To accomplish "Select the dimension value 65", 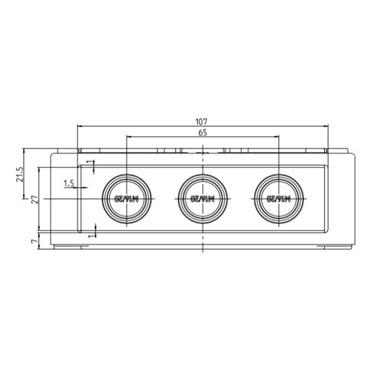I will [203, 132].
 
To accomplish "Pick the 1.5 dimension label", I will [69, 184].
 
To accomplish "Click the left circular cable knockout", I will [126, 198].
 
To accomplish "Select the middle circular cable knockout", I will [203, 198].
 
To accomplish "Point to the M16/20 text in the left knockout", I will [126, 199].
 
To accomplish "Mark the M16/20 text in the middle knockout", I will [203, 199].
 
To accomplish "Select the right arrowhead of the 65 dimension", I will [277, 136].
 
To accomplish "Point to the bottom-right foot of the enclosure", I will [335, 247].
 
